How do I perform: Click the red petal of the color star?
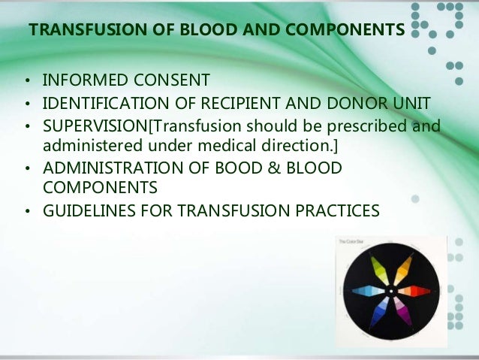pos(415,290)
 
